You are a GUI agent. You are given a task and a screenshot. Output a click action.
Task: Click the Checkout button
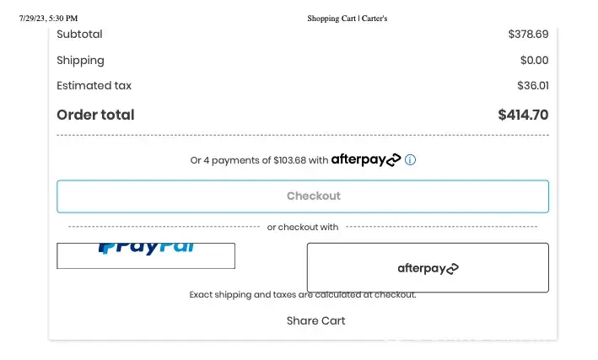pos(302,196)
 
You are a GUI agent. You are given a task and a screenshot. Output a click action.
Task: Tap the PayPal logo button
pos(146,255)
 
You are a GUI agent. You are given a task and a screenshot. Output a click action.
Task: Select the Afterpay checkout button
pos(428,268)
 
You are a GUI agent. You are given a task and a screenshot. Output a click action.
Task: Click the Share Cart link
pos(315,320)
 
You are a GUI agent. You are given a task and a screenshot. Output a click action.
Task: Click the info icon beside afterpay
pos(411,159)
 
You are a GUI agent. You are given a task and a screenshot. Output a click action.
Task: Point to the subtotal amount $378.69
pos(528,35)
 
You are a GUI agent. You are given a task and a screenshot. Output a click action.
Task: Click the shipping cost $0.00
pos(534,60)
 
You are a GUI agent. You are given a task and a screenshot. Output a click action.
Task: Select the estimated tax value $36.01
pos(532,85)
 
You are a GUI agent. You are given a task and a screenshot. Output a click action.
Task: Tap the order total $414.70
pos(523,115)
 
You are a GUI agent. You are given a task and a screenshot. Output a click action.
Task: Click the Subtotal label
pos(79,35)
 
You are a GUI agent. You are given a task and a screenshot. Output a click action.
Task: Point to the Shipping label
pos(80,60)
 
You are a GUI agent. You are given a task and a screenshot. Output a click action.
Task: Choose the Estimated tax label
pos(94,85)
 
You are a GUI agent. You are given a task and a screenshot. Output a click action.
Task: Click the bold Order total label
pos(95,115)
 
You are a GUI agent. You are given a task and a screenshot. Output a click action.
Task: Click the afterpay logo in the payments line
pos(365,159)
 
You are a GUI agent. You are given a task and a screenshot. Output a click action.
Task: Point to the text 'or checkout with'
pos(303,227)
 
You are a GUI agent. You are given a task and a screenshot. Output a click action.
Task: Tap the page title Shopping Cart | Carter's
pos(347,18)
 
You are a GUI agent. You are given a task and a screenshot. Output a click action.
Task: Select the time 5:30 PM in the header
pos(66,18)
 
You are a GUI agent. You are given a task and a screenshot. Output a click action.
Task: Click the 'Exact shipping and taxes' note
pos(302,295)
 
